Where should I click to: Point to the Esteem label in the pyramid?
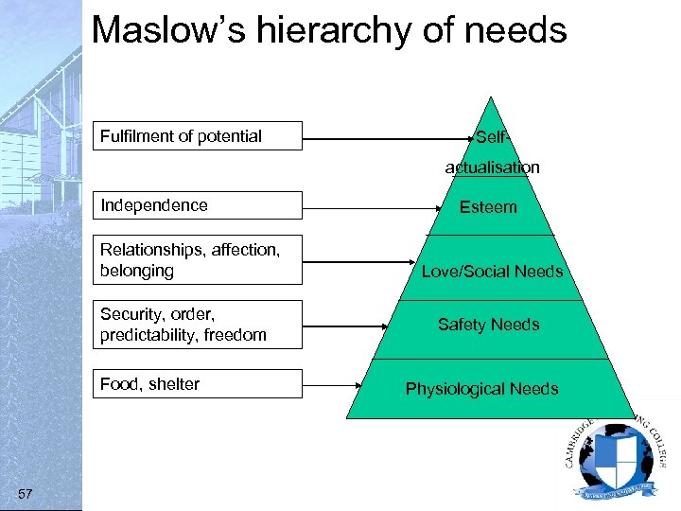tap(488, 206)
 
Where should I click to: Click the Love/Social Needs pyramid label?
tap(492, 272)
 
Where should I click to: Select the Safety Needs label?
tap(488, 325)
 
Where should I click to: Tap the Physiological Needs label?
tap(481, 389)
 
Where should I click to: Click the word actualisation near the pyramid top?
tap(493, 167)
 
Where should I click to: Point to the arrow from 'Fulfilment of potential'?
tap(388, 139)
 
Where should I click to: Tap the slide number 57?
tap(26, 494)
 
